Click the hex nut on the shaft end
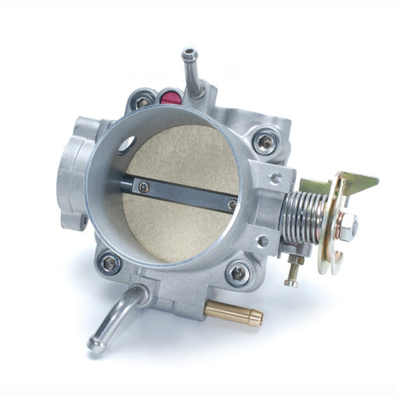coord(348,226)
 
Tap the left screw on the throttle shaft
coord(143,185)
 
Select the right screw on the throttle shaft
coord(231,205)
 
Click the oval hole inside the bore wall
coord(126,143)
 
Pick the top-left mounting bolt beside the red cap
coord(143,101)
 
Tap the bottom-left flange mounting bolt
coord(109,264)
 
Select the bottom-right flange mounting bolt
coord(238,273)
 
